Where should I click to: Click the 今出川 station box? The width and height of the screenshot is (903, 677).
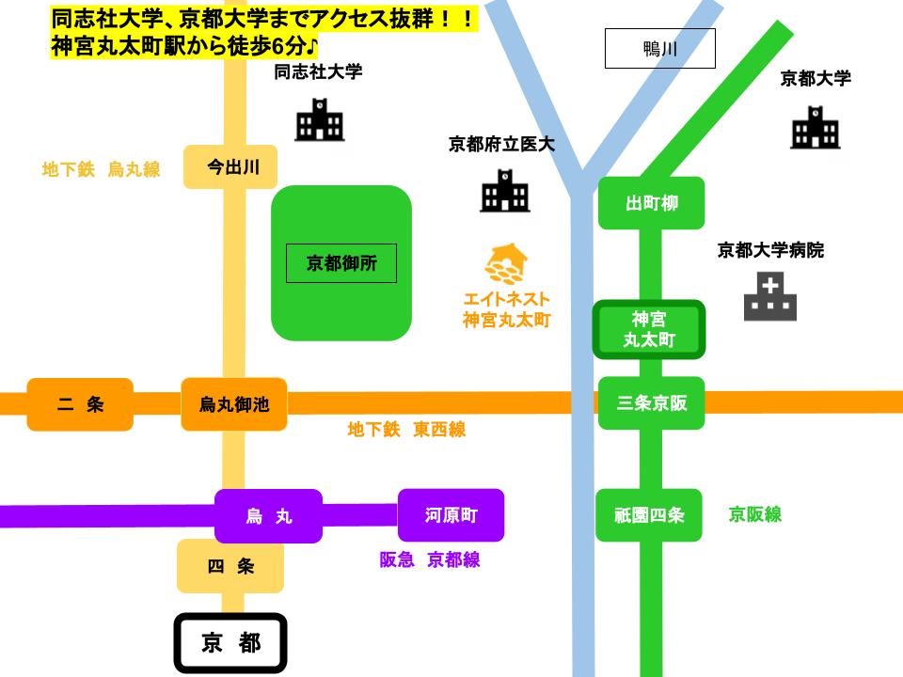click(x=230, y=167)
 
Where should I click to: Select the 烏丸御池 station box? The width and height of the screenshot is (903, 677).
click(x=233, y=404)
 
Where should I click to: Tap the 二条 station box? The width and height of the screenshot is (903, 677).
click(x=80, y=404)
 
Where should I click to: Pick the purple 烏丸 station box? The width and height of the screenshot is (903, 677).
click(x=268, y=516)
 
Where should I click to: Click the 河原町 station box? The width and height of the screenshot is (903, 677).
click(x=451, y=515)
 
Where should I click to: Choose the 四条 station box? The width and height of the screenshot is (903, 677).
click(x=230, y=566)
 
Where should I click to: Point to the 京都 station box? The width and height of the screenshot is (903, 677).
click(x=230, y=644)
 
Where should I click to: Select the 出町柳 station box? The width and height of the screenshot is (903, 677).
click(x=651, y=203)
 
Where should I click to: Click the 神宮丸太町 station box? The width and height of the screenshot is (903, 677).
click(x=649, y=329)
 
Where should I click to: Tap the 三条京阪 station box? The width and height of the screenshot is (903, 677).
click(x=651, y=403)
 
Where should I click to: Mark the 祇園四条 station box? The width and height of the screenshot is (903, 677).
click(x=649, y=515)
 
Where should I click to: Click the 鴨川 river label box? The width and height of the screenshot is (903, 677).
click(x=659, y=49)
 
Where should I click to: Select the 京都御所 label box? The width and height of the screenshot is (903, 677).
click(x=341, y=263)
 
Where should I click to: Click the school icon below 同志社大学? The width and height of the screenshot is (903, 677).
click(x=320, y=120)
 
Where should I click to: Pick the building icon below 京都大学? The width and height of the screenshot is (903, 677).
click(x=815, y=127)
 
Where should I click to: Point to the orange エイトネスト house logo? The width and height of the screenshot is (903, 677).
click(x=505, y=264)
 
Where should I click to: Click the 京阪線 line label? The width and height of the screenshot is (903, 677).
click(x=754, y=514)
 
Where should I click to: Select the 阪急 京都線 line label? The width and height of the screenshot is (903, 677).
click(x=429, y=559)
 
